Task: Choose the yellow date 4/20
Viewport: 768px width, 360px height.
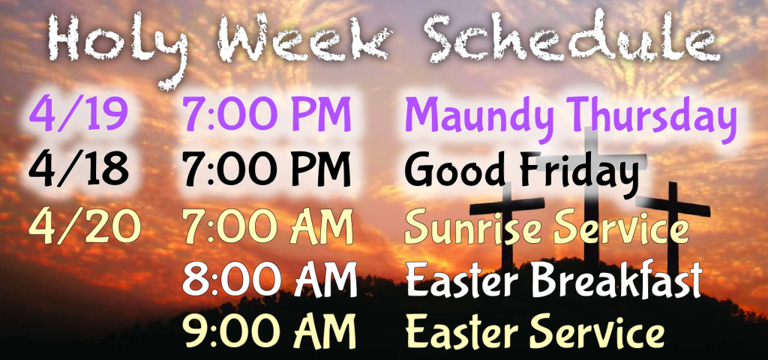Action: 84,226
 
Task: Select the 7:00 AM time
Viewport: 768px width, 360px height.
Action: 268,226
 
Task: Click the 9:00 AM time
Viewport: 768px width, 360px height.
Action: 269,332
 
